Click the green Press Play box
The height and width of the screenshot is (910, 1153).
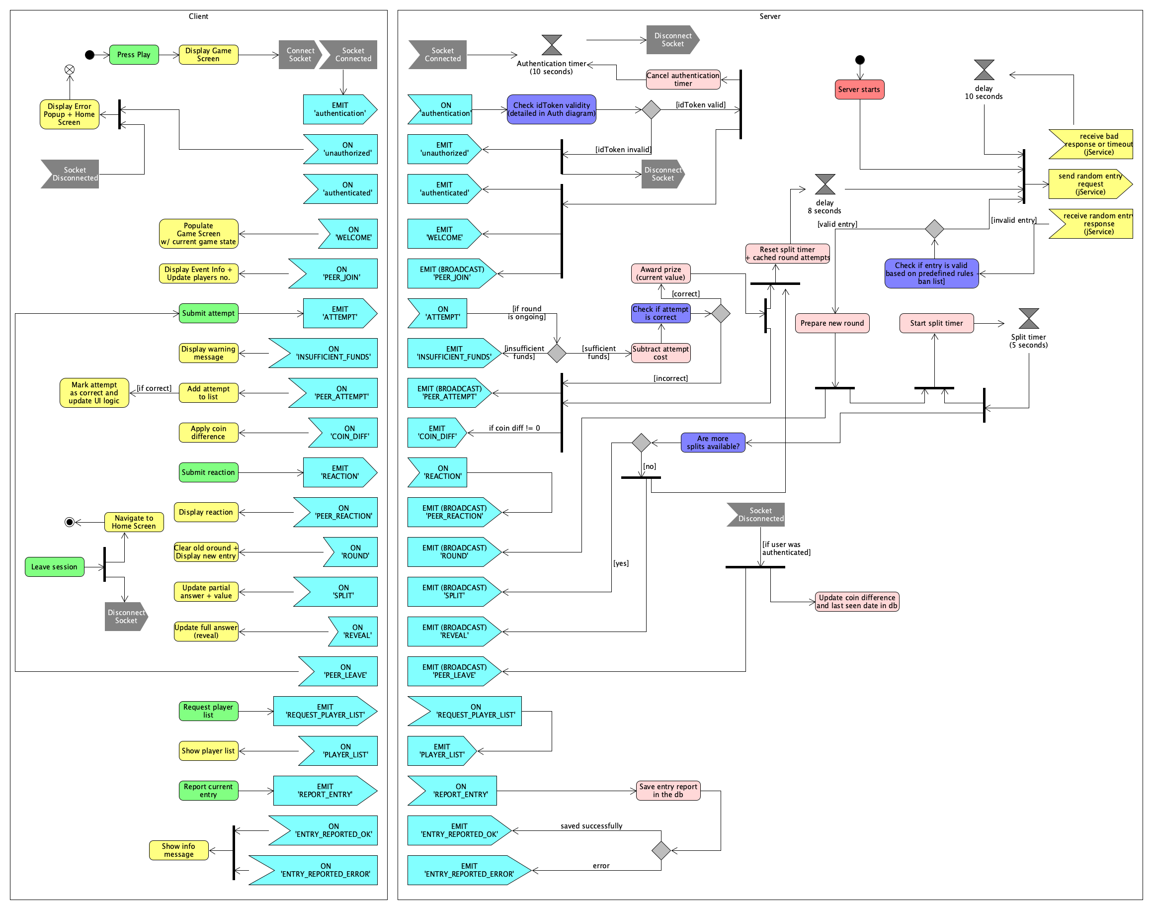click(x=134, y=55)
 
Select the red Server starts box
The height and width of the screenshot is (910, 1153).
click(x=859, y=90)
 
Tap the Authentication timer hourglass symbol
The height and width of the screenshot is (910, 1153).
click(x=551, y=45)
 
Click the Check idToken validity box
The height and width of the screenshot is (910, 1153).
click(x=551, y=109)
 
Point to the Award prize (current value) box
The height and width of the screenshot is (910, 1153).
click(x=660, y=273)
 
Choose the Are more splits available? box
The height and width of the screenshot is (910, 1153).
click(x=713, y=443)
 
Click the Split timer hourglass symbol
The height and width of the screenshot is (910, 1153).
click(x=1028, y=319)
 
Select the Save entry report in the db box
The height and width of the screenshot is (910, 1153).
click(x=668, y=791)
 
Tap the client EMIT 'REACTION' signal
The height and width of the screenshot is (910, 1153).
click(x=340, y=472)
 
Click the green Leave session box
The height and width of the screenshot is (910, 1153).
click(x=54, y=567)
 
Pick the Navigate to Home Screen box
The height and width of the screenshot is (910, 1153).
click(x=134, y=522)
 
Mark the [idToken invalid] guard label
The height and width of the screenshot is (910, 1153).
click(x=623, y=150)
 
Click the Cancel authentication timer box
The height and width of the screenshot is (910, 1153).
click(x=683, y=80)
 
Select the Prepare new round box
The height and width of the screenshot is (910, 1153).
click(x=832, y=323)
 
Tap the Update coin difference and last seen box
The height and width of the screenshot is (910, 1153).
click(x=856, y=602)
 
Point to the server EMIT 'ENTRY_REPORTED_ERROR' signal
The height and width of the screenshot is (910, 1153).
click(x=469, y=870)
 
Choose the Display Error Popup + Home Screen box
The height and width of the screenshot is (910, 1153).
click(x=69, y=114)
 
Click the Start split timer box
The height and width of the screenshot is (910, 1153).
click(x=936, y=323)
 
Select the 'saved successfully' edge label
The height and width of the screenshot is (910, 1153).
click(x=591, y=826)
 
